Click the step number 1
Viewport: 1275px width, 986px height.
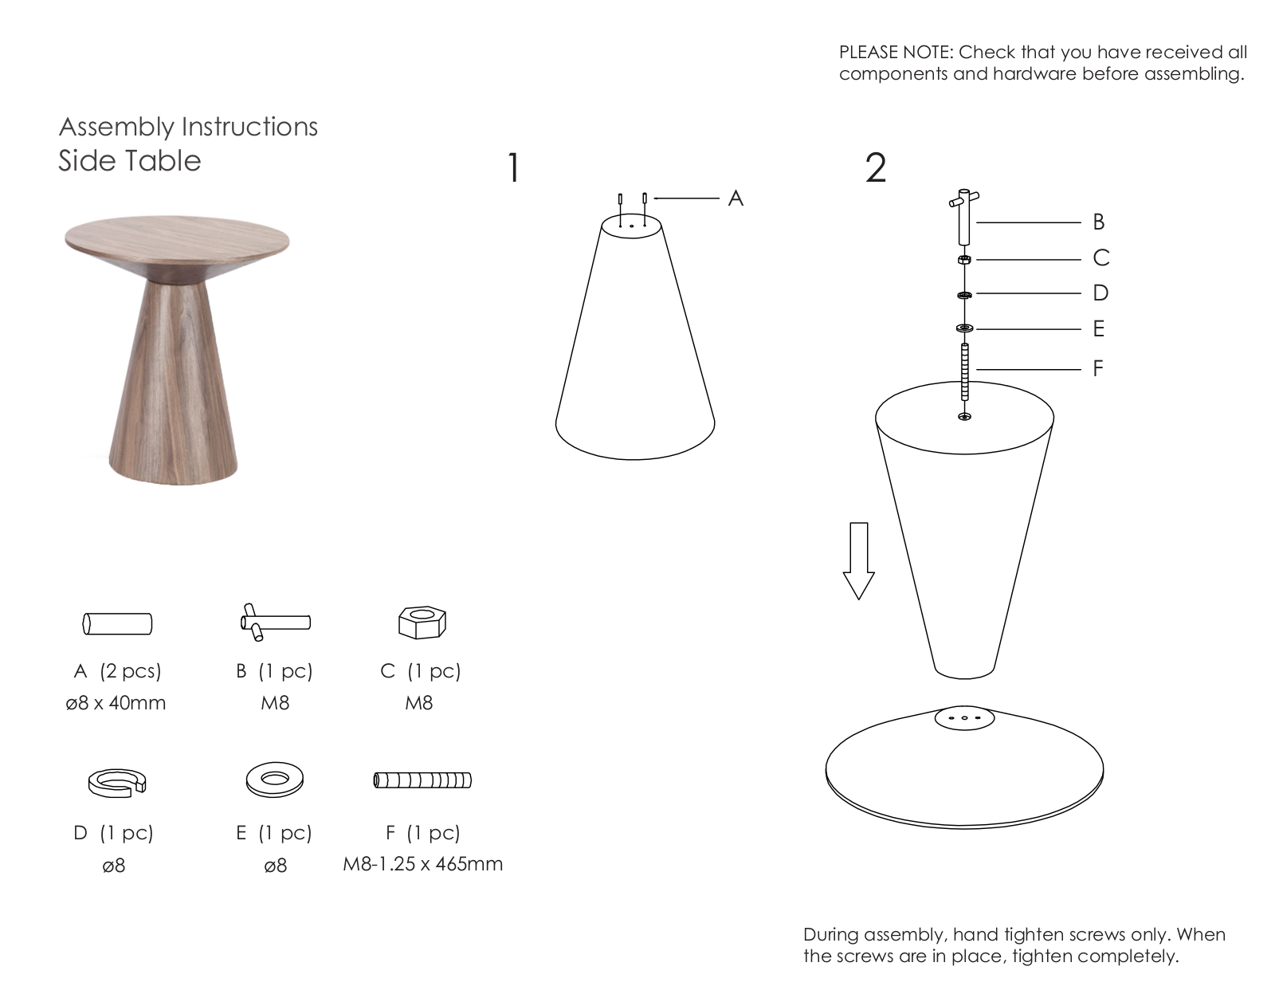coord(514,168)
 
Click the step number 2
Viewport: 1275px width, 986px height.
coord(876,168)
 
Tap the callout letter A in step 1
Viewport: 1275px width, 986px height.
coord(736,198)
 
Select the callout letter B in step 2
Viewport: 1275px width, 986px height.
coord(1099,222)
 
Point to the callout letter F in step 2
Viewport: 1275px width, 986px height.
coord(1098,368)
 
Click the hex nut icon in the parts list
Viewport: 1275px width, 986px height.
coord(422,622)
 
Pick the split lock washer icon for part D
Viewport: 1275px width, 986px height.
coord(117,784)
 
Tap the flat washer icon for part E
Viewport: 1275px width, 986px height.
coord(275,780)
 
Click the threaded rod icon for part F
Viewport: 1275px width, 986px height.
coord(422,780)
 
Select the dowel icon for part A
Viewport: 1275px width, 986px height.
coord(117,623)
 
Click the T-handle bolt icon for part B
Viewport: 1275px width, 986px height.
coord(275,622)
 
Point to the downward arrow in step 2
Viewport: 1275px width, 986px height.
coord(858,560)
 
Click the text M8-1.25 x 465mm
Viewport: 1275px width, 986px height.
coord(423,864)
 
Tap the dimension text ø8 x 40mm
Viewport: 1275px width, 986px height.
coord(116,702)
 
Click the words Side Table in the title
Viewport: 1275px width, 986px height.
coord(130,161)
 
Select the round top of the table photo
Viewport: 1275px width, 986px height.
coord(177,241)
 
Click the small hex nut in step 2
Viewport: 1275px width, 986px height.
coord(964,259)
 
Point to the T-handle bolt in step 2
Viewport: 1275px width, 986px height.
coord(964,217)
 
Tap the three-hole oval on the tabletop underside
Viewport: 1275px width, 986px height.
coord(964,718)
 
